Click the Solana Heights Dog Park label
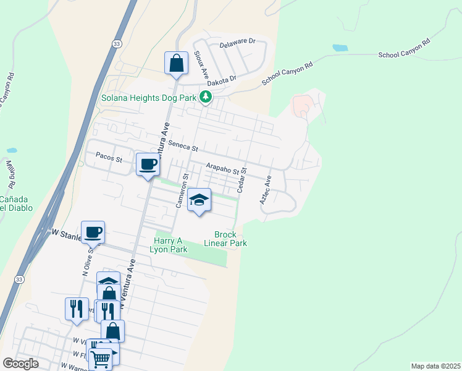(x=148, y=98)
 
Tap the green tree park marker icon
(x=206, y=97)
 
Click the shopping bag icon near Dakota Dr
(x=176, y=63)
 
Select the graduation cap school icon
(x=199, y=200)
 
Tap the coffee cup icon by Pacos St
(x=148, y=164)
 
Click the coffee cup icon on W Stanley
(x=93, y=232)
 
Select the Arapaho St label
(x=225, y=168)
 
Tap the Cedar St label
(x=243, y=178)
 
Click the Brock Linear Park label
(x=230, y=239)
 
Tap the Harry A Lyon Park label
(x=168, y=245)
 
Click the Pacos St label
(x=109, y=159)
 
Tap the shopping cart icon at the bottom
(x=100, y=359)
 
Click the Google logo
(x=20, y=364)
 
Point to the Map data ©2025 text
(x=435, y=366)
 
